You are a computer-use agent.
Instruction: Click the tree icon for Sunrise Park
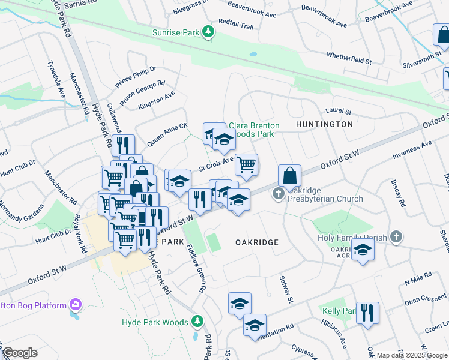click(208, 32)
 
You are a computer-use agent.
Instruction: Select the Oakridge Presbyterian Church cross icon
click(278, 194)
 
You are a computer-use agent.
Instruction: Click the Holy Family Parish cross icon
click(395, 237)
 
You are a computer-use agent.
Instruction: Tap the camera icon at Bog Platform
click(75, 305)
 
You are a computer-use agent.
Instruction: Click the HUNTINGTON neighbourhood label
click(324, 124)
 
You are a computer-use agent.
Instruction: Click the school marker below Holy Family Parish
click(363, 251)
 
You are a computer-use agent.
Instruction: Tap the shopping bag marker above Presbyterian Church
click(289, 176)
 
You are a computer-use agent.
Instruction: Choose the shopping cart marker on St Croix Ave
click(246, 164)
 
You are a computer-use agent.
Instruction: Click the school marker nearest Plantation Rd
click(255, 325)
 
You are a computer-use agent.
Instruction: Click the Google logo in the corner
click(20, 353)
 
